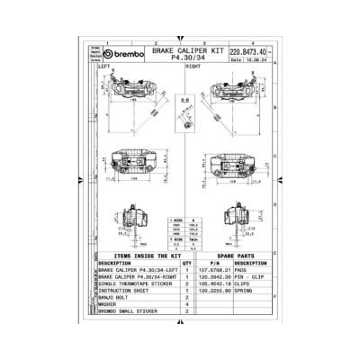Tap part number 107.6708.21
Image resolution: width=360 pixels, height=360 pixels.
[x=209, y=271]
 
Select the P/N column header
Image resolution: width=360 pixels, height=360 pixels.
[x=209, y=264]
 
